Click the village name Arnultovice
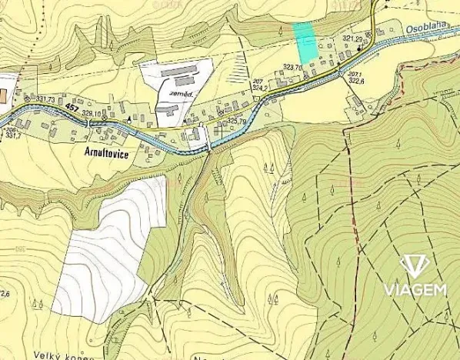pos(102,152)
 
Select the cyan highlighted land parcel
pos(305,42)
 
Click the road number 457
pos(71,108)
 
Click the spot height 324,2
pos(258,88)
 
